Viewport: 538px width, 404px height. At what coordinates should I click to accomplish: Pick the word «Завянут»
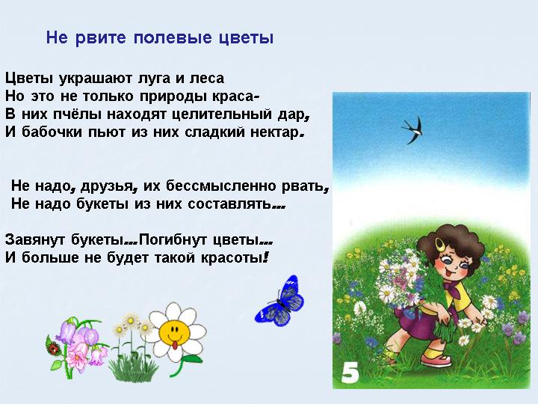[x=35, y=239]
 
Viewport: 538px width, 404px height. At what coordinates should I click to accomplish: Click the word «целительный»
[x=222, y=114]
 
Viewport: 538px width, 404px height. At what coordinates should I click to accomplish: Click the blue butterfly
[x=279, y=302]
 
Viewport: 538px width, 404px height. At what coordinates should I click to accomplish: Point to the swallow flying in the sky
[x=412, y=130]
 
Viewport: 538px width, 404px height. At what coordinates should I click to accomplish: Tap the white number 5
[x=350, y=373]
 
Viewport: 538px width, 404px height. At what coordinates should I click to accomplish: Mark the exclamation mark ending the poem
[x=265, y=257]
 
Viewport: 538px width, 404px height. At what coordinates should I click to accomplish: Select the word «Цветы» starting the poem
[x=29, y=79]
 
